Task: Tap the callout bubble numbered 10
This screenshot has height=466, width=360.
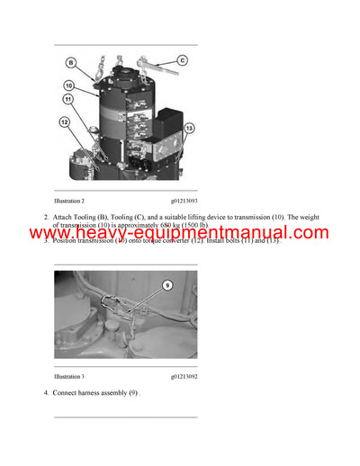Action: tap(67, 86)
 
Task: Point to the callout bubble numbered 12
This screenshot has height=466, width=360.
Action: tap(64, 121)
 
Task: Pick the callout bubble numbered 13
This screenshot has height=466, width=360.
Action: tap(188, 129)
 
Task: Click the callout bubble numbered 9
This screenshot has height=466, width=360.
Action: tap(166, 285)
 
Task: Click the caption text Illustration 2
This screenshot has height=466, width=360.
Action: tap(69, 201)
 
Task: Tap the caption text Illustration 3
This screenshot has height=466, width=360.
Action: tap(69, 376)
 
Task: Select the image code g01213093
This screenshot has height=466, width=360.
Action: tap(184, 201)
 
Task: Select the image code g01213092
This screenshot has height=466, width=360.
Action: tap(184, 376)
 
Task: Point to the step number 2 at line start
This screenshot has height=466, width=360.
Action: tap(46, 218)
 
